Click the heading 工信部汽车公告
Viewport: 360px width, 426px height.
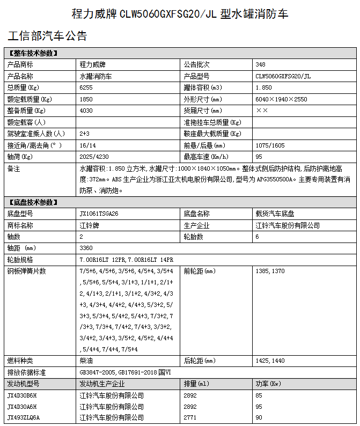click(47, 36)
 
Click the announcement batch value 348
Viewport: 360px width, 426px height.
click(261, 64)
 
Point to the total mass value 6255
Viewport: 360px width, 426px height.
click(86, 87)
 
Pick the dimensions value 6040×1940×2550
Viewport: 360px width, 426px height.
click(281, 99)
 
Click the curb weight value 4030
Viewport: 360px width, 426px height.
click(86, 111)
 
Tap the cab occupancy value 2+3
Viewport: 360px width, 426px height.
click(84, 134)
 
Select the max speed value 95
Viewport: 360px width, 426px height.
click(259, 157)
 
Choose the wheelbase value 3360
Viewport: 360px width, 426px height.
click(86, 248)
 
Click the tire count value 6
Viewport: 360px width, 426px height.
click(258, 237)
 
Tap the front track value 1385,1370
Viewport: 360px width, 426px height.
click(270, 271)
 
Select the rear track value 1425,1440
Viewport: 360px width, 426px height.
click(270, 361)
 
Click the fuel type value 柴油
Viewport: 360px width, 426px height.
click(86, 361)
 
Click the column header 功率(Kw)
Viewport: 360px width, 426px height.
click(268, 384)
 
